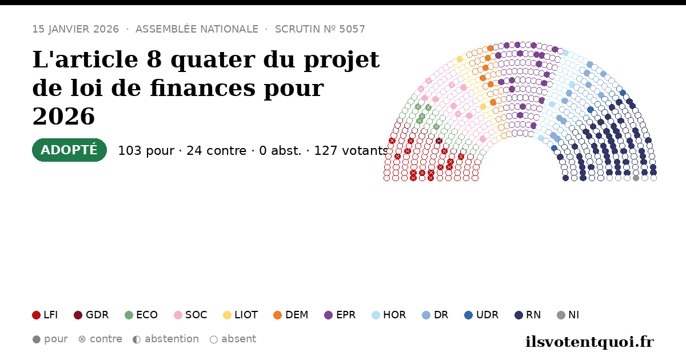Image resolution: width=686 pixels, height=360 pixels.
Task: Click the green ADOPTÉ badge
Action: click(69, 150)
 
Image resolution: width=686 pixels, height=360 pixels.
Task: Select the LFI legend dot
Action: click(36, 315)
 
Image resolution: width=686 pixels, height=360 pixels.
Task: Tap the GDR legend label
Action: click(97, 315)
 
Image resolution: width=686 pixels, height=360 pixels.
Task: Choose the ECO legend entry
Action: click(141, 315)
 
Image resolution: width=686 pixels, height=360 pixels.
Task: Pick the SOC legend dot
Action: click(178, 315)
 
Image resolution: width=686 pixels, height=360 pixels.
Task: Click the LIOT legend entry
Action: click(241, 315)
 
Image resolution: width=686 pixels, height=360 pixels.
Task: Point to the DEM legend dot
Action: click(277, 315)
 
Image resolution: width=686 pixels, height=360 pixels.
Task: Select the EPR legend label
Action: click(346, 315)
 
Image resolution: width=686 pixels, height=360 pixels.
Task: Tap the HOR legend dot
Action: click(376, 315)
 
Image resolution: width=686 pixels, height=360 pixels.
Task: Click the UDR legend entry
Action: click(481, 315)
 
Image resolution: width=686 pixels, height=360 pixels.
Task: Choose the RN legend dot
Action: click(519, 315)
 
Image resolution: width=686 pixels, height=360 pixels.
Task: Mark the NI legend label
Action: click(573, 315)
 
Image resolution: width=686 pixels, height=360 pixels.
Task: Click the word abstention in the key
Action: click(171, 339)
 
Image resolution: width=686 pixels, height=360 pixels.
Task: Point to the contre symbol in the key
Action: click(82, 339)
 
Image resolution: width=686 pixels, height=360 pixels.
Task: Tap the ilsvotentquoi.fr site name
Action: click(589, 342)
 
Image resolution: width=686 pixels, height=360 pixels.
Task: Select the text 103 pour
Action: click(146, 151)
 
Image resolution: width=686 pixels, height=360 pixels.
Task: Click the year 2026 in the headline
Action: click(63, 117)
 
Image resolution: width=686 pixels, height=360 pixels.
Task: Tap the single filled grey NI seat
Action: click(636, 178)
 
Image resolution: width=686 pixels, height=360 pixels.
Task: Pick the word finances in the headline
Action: click(203, 88)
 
